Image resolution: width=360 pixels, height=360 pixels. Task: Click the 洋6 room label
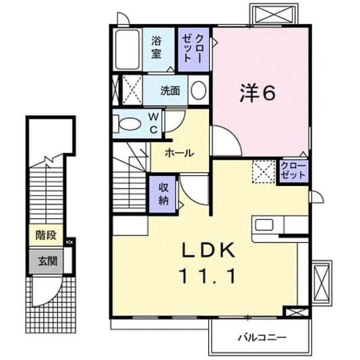pos(257,92)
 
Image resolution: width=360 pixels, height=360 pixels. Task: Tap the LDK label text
pos(209,250)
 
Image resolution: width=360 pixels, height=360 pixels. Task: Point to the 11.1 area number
pos(208,276)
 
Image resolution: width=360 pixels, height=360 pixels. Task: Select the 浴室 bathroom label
pos(156,47)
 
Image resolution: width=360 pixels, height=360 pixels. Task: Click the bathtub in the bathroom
pos(128,49)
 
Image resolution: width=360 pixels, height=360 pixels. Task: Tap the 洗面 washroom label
pos(170,91)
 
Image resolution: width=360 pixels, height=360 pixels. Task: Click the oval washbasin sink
pos(199,91)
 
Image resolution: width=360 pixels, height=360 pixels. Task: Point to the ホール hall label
pos(179,153)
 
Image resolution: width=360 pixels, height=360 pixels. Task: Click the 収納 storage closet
pos(163,194)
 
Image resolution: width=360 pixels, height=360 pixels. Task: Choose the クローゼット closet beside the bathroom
pos(193,49)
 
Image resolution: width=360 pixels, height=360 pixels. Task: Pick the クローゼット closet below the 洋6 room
pos(293,170)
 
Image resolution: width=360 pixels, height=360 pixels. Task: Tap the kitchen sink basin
pos(264,225)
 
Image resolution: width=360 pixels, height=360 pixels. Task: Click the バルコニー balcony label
pos(262,337)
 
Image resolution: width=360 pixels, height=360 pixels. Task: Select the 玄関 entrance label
pos(47,261)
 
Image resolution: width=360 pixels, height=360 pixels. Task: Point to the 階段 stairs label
pos(46,235)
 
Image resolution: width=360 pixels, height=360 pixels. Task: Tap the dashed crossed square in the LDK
pos(264,172)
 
